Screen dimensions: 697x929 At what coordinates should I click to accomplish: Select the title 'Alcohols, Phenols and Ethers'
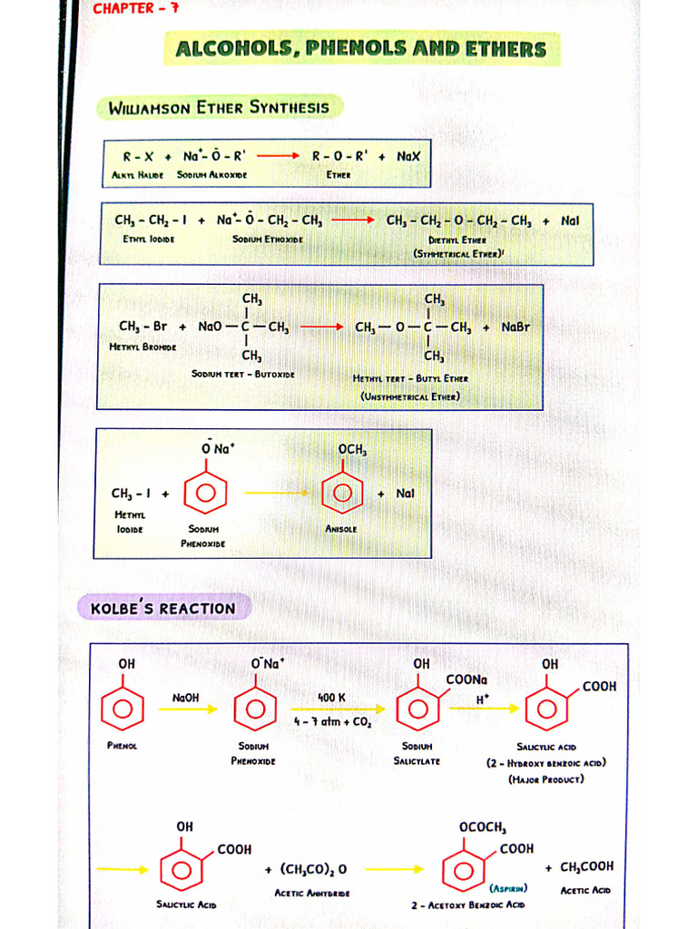tap(360, 49)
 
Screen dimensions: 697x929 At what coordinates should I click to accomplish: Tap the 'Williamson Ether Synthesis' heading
tap(219, 108)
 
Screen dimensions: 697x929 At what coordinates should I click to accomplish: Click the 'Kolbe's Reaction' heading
tap(163, 608)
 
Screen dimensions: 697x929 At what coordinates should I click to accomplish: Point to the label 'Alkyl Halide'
tap(138, 174)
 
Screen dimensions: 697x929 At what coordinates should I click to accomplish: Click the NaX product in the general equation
tap(408, 156)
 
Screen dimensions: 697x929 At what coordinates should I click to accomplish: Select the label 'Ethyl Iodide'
tap(149, 239)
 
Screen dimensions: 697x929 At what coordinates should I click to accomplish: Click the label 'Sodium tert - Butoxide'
tap(242, 374)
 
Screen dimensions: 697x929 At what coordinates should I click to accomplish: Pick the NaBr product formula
tap(515, 327)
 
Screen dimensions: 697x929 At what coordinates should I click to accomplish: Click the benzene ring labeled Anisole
tap(343, 493)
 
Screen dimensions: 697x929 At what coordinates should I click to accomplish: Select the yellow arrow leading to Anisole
tap(277, 493)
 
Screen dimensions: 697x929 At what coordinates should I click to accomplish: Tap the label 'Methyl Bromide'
tap(143, 347)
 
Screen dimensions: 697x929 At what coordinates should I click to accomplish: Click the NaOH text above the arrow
tap(185, 697)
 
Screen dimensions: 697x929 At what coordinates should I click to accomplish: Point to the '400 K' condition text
tap(332, 698)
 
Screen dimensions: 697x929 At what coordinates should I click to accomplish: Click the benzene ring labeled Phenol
tap(123, 709)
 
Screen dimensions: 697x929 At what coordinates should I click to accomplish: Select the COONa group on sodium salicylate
tap(466, 680)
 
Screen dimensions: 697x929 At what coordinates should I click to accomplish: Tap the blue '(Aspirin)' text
tap(509, 888)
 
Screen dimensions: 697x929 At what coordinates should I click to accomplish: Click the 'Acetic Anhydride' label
tap(311, 893)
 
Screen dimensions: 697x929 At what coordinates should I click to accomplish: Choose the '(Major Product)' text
tap(546, 778)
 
